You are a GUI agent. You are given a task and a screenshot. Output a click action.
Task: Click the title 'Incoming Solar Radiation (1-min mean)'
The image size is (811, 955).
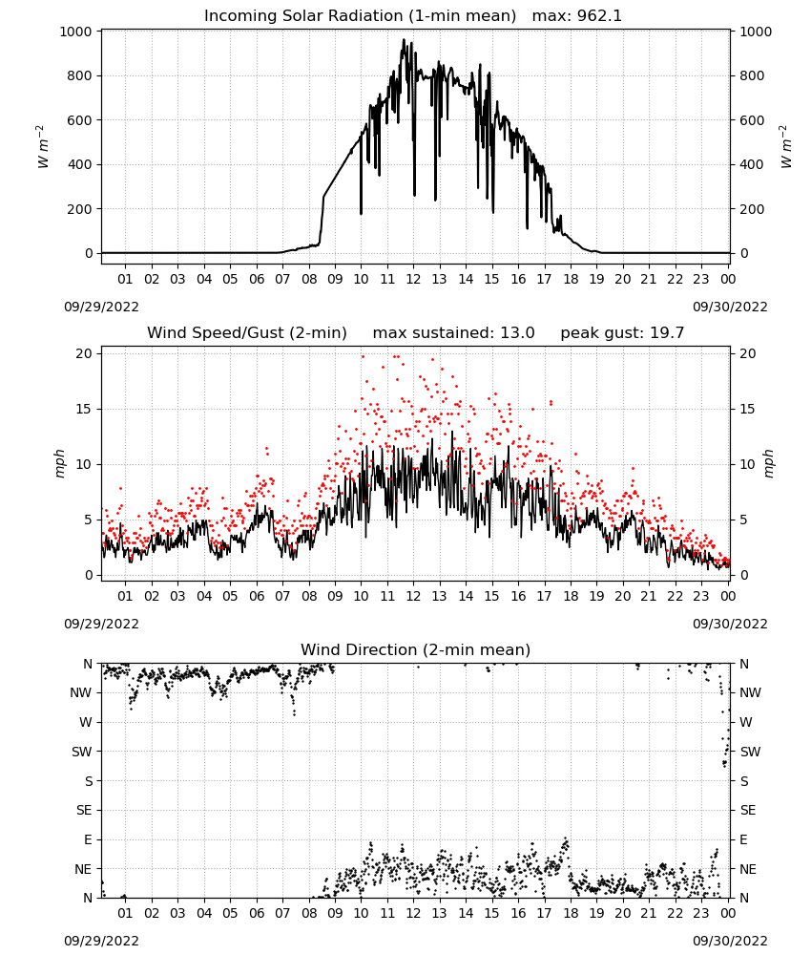click(360, 16)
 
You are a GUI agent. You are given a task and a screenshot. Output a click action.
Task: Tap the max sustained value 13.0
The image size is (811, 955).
click(517, 333)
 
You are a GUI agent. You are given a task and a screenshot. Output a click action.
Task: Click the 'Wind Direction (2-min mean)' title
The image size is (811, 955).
click(416, 649)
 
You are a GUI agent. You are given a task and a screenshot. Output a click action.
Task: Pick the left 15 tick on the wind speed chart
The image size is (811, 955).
click(84, 410)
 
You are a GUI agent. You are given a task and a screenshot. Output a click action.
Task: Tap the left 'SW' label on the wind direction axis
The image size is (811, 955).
click(82, 752)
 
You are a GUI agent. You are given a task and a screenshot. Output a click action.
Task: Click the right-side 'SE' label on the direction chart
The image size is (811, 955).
click(748, 810)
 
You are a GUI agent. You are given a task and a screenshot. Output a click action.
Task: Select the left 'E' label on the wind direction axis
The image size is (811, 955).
click(88, 839)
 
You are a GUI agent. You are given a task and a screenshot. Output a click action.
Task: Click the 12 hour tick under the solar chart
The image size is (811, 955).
click(413, 279)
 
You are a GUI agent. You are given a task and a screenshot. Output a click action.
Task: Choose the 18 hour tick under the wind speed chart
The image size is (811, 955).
click(571, 596)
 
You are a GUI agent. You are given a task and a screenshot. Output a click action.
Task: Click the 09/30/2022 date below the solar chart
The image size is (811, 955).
click(730, 307)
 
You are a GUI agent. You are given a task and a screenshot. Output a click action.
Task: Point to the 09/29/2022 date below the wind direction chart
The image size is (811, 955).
click(101, 941)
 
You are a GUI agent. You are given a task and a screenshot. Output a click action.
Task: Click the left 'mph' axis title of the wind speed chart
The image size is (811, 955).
click(59, 464)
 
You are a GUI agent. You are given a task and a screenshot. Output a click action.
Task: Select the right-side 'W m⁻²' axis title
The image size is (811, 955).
click(785, 147)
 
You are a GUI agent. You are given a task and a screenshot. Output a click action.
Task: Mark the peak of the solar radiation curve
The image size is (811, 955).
click(404, 39)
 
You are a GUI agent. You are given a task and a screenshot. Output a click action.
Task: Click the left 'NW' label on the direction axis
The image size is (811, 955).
click(81, 692)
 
